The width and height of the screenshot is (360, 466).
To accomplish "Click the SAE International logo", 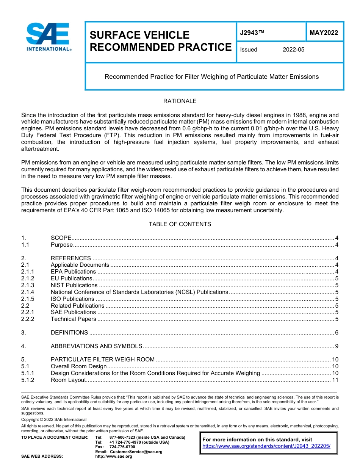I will point(49,37).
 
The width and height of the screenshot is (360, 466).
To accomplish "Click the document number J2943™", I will point(252,33).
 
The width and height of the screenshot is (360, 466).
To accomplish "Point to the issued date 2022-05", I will point(293,50).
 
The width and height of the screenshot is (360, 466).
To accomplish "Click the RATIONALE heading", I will point(180,101).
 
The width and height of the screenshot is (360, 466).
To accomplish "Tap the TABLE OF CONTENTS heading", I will point(180,224).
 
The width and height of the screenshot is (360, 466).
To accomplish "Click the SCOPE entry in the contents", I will point(61,238).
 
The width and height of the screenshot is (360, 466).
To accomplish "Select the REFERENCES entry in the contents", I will point(70,258).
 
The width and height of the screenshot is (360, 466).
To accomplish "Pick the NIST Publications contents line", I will point(74,285).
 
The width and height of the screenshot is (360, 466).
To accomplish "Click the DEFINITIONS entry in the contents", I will point(69,333).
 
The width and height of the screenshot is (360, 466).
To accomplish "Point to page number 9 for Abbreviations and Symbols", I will point(337,346).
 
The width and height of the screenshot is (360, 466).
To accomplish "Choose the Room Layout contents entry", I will point(68,380).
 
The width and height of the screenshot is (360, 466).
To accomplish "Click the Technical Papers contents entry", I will point(73,319).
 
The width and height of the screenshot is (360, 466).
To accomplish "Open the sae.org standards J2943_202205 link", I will point(266,446).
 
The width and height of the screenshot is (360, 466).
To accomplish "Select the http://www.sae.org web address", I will point(114,457).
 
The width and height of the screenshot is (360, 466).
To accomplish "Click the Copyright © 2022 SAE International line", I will point(54,419).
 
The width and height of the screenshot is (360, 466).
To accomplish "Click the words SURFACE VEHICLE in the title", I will point(139,35).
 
